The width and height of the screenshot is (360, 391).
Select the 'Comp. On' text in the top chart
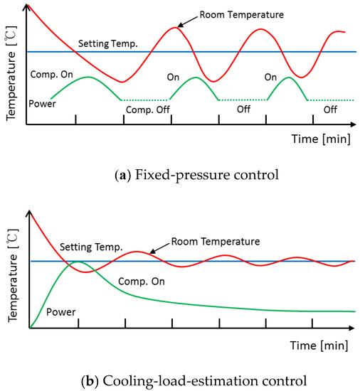point(55,74)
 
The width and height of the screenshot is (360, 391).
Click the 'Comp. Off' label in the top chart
point(147,110)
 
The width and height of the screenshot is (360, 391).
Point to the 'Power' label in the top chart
point(43,105)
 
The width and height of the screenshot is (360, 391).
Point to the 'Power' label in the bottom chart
point(60,312)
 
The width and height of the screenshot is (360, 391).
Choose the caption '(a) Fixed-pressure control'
point(179,173)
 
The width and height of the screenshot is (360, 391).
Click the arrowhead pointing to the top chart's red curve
point(179,26)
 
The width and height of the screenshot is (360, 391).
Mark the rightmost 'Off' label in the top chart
point(330,110)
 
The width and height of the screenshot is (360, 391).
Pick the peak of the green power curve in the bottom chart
point(79,262)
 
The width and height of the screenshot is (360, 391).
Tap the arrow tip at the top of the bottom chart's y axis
point(29,209)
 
